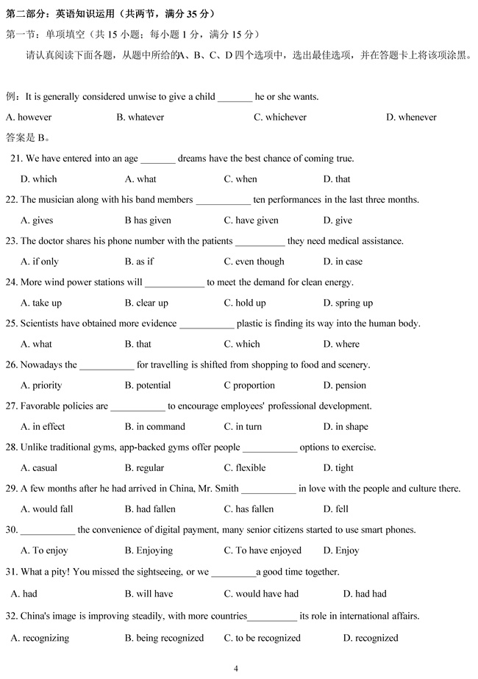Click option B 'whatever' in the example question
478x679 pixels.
tap(146, 117)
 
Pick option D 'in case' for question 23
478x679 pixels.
tap(349, 261)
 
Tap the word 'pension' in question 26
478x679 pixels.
tap(351, 385)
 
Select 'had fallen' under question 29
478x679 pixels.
tap(154, 509)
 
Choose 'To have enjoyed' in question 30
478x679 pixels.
tap(268, 550)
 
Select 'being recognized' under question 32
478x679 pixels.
tap(170, 638)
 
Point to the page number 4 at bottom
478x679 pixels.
tap(236, 668)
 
